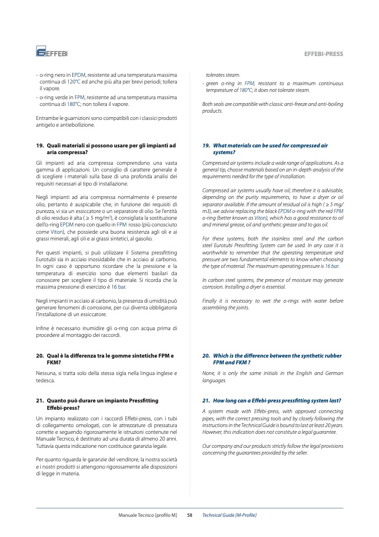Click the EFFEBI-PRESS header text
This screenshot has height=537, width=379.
[323, 54]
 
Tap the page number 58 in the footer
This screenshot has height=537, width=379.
[189, 515]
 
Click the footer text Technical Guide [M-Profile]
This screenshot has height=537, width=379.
[229, 515]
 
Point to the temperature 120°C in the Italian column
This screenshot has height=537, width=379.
[75, 81]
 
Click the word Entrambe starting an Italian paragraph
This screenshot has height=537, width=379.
[48, 118]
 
